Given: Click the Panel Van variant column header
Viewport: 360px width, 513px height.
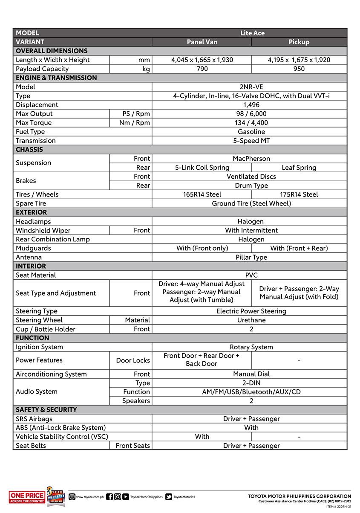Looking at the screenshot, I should click(x=202, y=42).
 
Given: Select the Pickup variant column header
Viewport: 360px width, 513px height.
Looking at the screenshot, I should click(x=299, y=42).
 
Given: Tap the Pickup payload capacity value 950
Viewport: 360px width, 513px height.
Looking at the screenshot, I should click(x=299, y=69).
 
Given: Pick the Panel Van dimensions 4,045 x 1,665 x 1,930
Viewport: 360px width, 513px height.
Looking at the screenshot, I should click(x=202, y=60).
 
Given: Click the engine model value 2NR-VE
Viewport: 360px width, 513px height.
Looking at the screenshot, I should click(x=251, y=87).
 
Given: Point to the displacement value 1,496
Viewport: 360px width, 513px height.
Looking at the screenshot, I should click(x=251, y=104).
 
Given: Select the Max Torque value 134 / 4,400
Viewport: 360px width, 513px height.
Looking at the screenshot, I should click(x=251, y=122).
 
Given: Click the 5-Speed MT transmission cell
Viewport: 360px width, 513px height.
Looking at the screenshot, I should click(x=251, y=140).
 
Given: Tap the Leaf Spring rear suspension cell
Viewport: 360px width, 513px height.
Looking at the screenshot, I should click(x=299, y=168).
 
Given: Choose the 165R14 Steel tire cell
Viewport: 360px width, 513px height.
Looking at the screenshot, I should click(x=202, y=194).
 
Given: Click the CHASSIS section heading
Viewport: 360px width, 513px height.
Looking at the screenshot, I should click(x=29, y=150).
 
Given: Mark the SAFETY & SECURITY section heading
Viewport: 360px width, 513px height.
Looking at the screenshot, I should click(x=46, y=409).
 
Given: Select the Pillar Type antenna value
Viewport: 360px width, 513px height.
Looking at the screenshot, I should click(x=251, y=257).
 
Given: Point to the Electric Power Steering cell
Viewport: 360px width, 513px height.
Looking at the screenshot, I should click(x=251, y=311).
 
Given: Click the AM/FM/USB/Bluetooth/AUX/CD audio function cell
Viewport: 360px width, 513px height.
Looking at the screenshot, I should click(x=251, y=391).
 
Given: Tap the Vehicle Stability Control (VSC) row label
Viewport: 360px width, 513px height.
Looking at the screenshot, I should click(x=62, y=436).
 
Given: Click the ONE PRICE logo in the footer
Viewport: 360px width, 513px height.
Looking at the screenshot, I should click(x=26, y=497).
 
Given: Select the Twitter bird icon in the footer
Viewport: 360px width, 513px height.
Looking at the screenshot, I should click(x=169, y=497).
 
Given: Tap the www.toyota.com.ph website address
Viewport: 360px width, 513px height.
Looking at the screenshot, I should click(x=89, y=497).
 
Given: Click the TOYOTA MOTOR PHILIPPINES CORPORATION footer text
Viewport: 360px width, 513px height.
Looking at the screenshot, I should click(x=300, y=496).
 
